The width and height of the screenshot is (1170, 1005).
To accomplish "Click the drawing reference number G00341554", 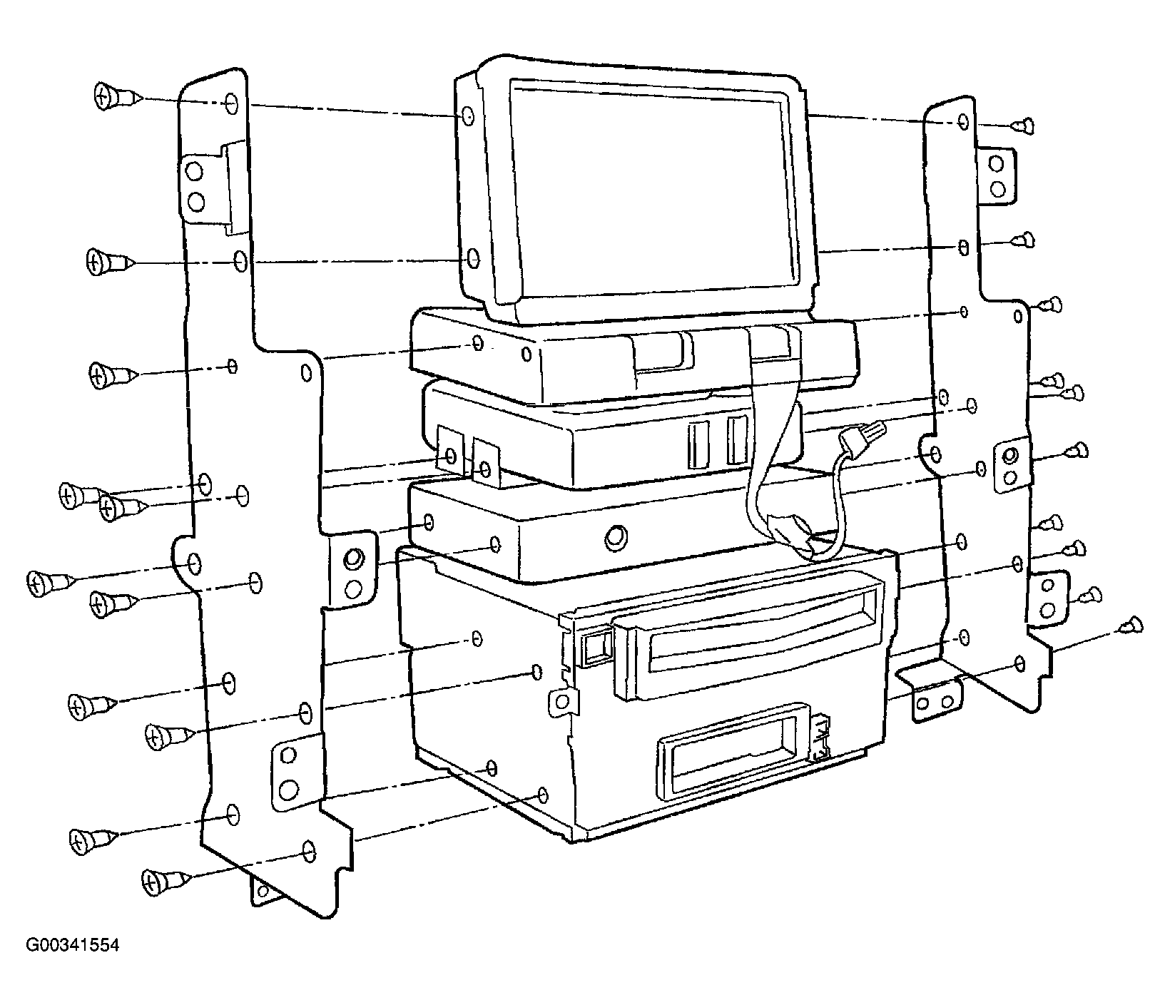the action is [x=73, y=946].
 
